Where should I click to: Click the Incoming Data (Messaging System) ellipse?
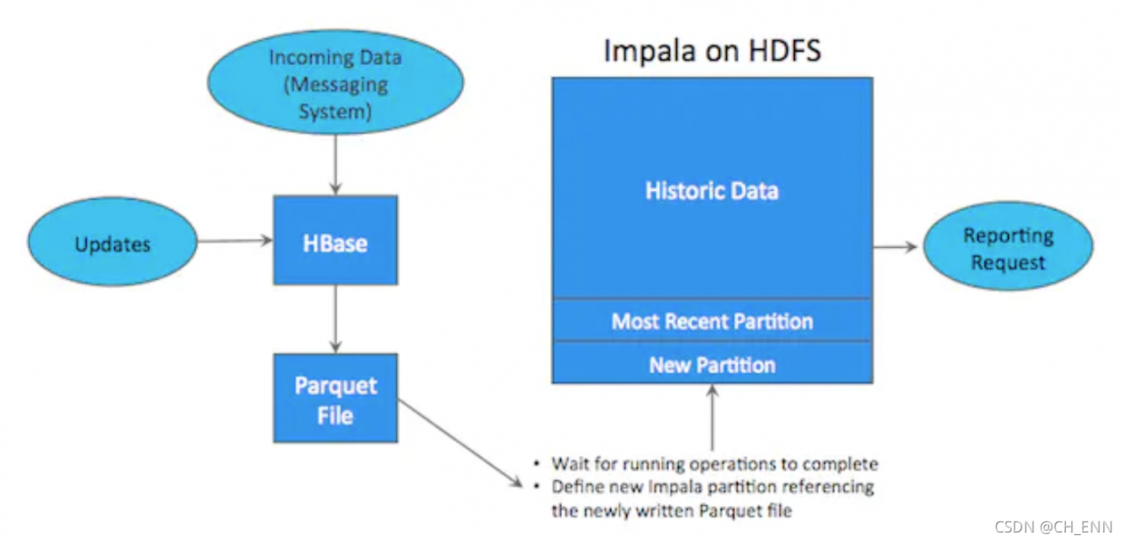tap(335, 83)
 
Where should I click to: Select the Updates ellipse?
tap(112, 242)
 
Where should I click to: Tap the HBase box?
tap(335, 241)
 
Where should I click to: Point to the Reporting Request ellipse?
tap(1007, 248)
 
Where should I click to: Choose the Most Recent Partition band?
tap(711, 321)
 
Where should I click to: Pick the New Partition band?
tap(711, 364)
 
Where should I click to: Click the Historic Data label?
tap(711, 191)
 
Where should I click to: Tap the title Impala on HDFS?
tap(711, 50)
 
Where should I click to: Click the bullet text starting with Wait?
tap(715, 463)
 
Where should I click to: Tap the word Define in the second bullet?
tap(576, 487)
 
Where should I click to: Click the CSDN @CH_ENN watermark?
tap(1053, 527)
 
